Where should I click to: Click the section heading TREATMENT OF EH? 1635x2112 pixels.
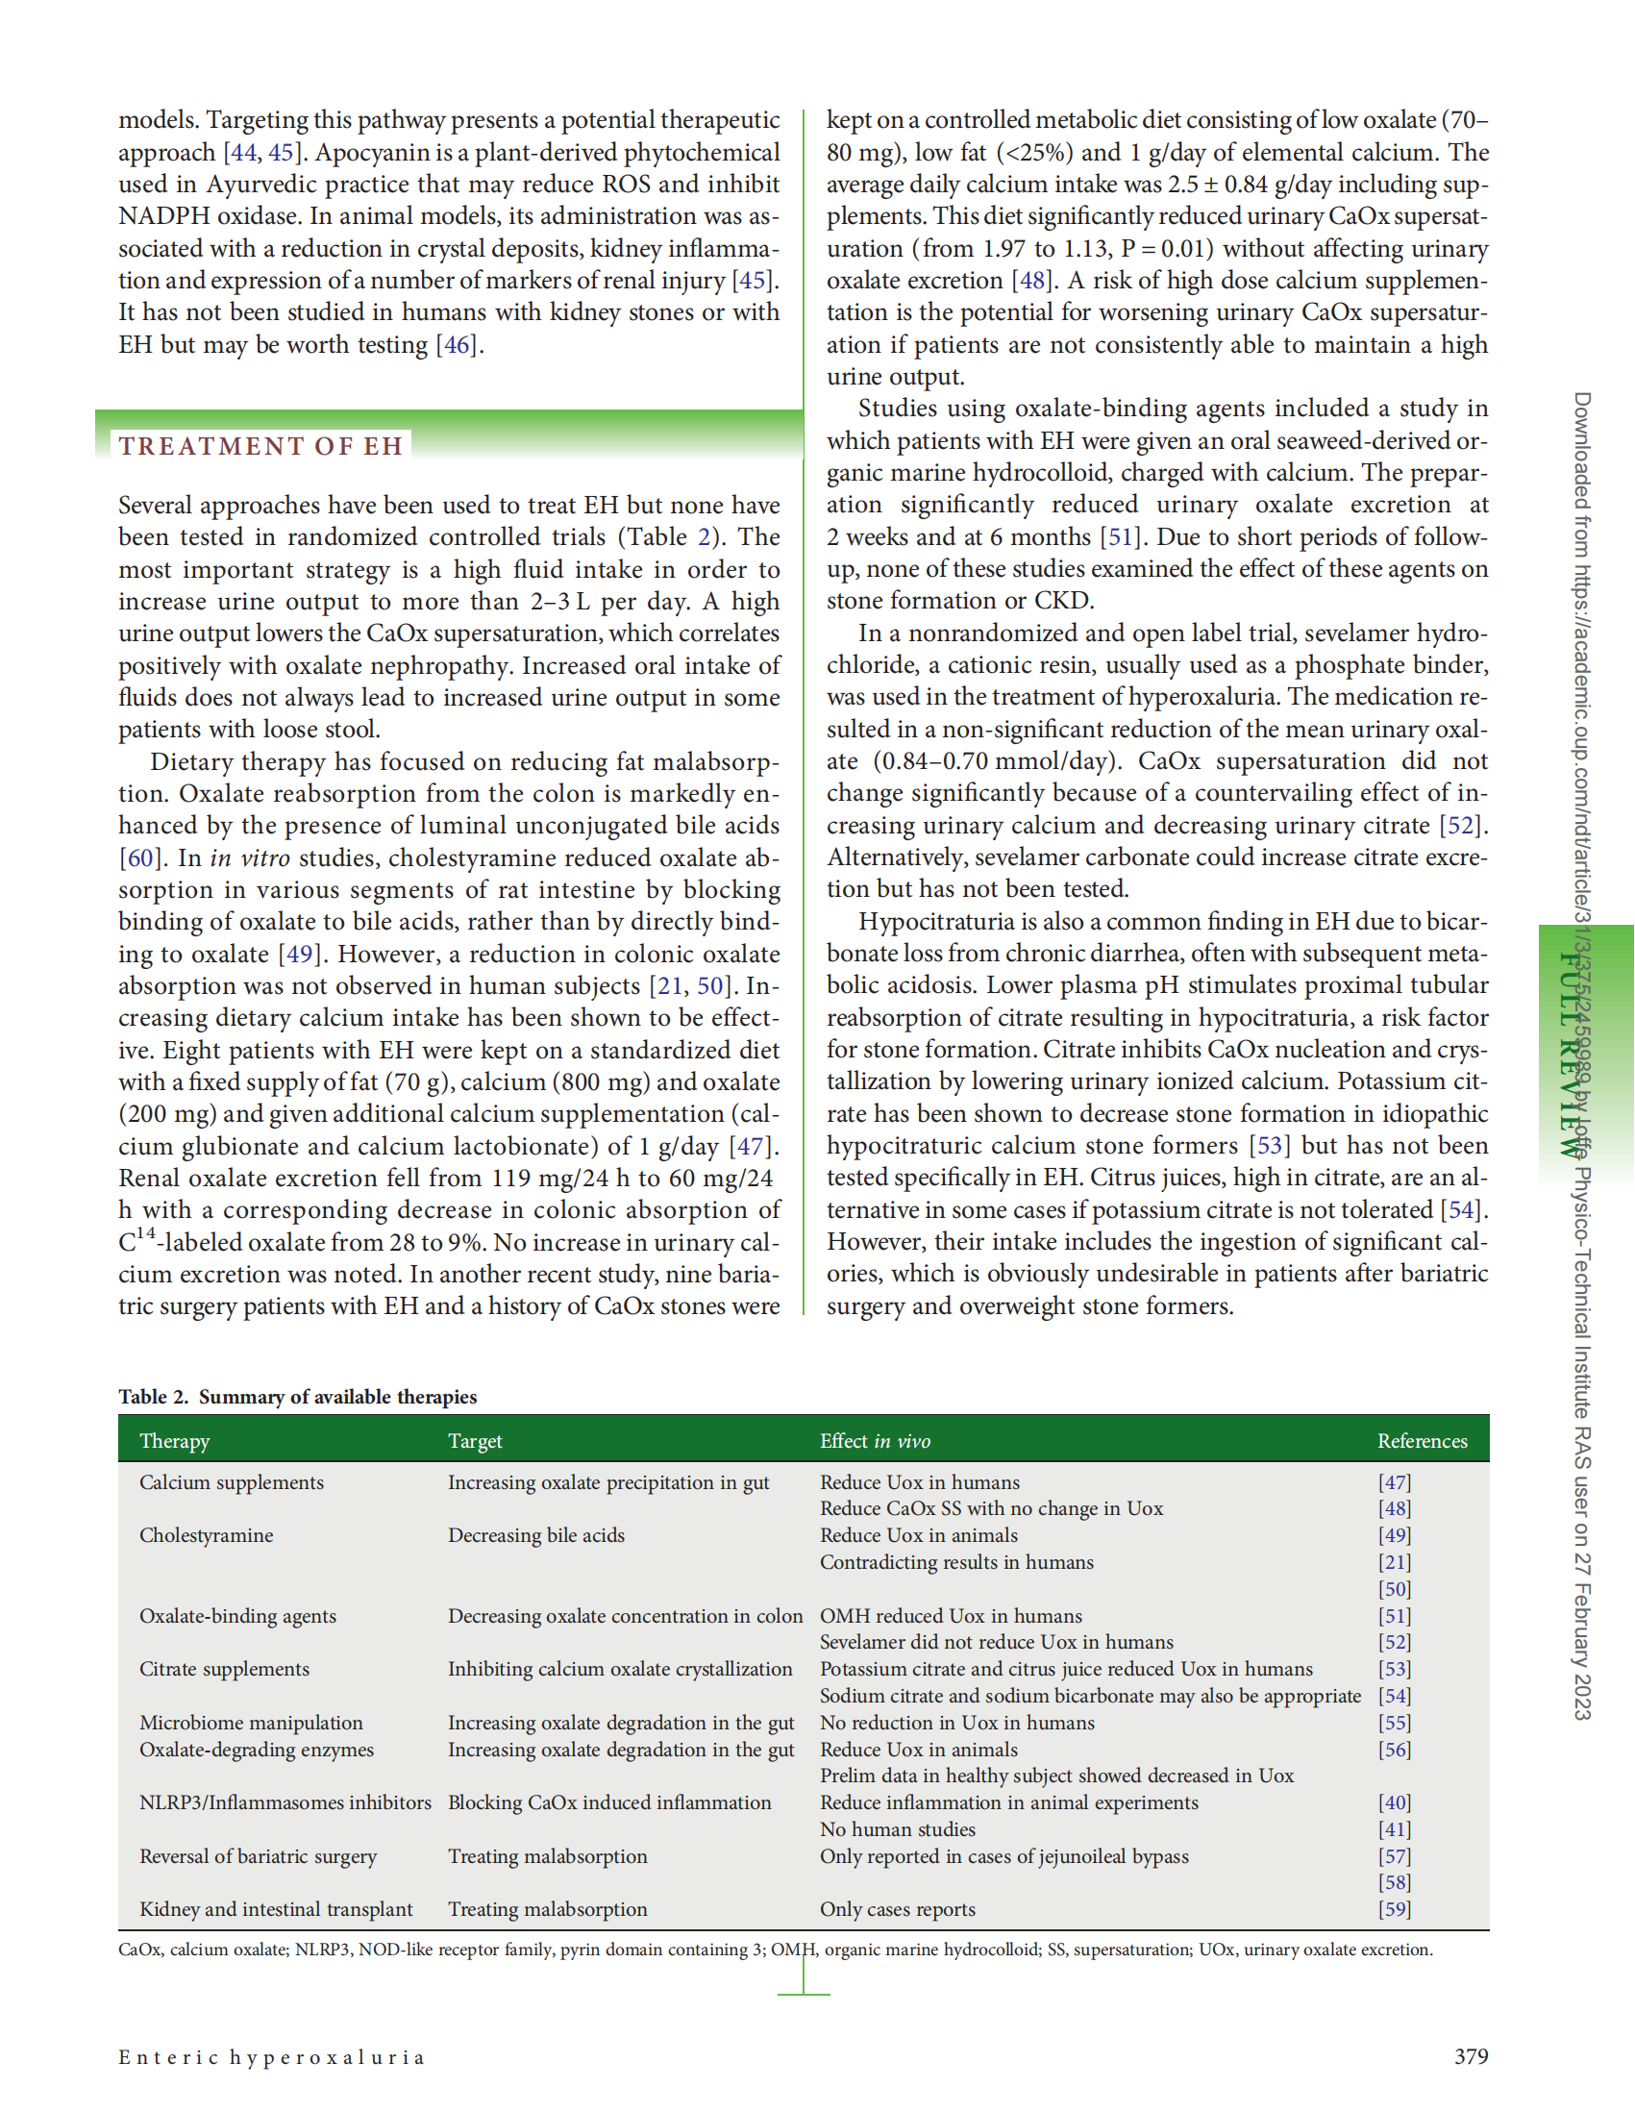coord(260,446)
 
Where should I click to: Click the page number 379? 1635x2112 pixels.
coord(1471,2056)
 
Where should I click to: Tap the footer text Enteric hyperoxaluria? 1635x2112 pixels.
coord(272,2057)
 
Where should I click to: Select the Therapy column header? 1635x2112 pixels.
coord(174,1441)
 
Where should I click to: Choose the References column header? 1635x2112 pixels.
coord(1422,1441)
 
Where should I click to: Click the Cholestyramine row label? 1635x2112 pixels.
coord(206,1535)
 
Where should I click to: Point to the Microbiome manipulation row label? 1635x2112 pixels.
coord(251,1723)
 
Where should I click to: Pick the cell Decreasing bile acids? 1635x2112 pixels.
coord(535,1535)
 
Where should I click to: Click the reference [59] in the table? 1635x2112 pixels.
coord(1395,1909)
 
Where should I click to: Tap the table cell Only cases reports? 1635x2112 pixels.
coord(897,1909)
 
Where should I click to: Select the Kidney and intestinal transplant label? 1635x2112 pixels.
coord(276,1909)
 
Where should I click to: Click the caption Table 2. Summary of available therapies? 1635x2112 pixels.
coord(297,1397)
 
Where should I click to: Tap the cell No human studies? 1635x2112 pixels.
coord(897,1829)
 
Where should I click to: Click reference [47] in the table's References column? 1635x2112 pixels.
coord(1395,1482)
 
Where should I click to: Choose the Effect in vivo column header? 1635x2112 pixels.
coord(874,1441)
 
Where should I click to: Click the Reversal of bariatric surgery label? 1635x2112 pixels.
coord(258,1856)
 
